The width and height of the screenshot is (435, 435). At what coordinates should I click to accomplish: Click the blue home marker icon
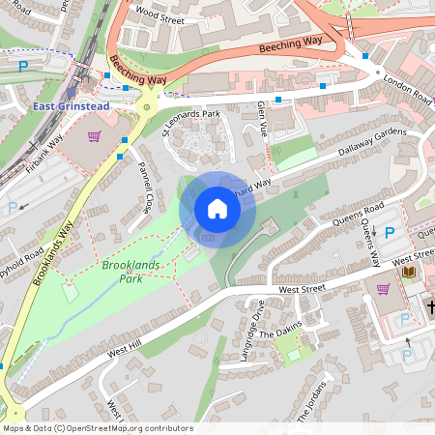coord(217,209)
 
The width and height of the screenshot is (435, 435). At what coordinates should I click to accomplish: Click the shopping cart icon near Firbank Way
coord(95,136)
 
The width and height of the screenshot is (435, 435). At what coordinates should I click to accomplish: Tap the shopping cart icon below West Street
coord(383,288)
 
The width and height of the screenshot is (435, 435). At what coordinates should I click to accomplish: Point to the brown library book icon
coord(408,273)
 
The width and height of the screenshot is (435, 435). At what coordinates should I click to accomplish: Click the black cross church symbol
coord(431,308)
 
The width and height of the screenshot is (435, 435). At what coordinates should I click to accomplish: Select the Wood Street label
coord(160,16)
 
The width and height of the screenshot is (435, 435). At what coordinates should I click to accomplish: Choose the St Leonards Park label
coord(190,125)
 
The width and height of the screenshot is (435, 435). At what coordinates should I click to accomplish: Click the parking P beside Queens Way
coord(390,233)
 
